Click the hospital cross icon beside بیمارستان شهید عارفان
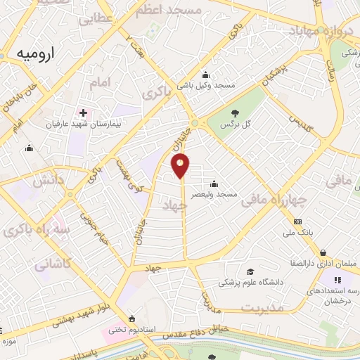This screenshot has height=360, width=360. [x=84, y=112]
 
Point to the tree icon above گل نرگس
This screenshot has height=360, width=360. [x=235, y=113]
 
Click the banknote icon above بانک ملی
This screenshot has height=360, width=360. [x=297, y=222]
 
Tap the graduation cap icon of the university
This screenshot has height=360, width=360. [x=250, y=271]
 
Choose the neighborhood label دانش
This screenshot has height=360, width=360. [x=49, y=181]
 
